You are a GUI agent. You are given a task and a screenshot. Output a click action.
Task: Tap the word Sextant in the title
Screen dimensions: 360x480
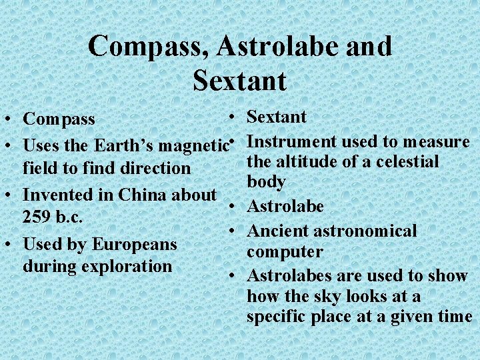(x=239, y=81)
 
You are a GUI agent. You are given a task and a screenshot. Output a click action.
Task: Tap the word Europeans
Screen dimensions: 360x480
(x=134, y=244)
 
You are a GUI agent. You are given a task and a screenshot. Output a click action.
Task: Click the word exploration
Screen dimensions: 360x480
(x=126, y=266)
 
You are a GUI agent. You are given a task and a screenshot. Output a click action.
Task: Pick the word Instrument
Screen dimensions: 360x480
(x=292, y=141)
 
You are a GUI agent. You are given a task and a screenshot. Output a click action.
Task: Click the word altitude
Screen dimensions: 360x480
(x=304, y=161)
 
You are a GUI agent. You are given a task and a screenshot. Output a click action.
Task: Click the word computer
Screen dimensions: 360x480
(x=285, y=252)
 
